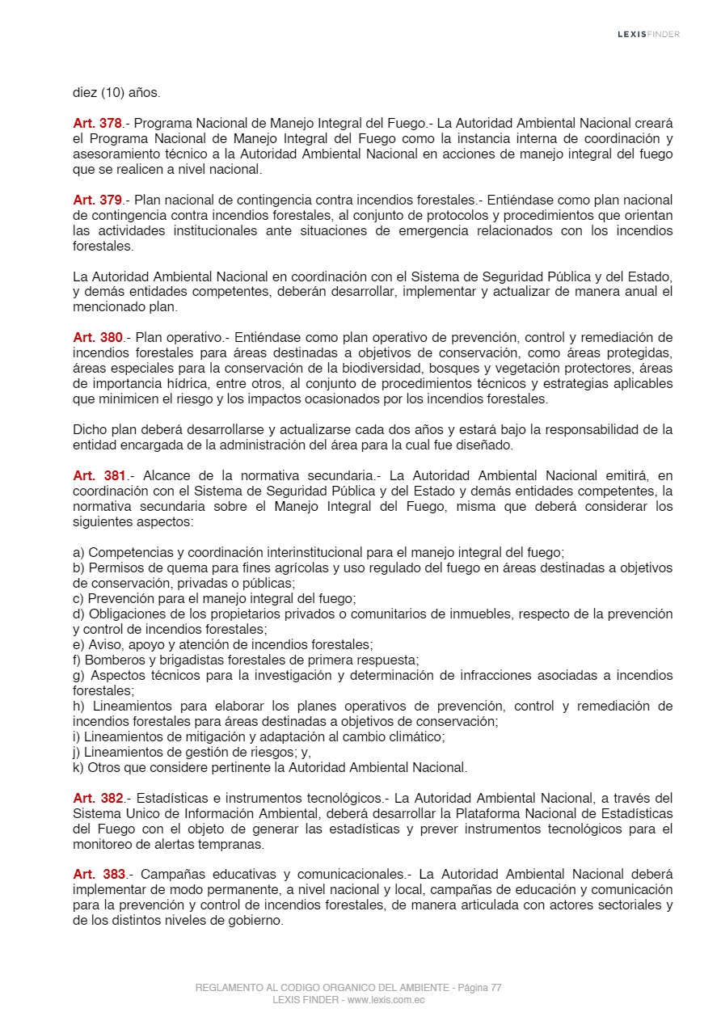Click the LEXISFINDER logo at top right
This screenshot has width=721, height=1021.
point(648,34)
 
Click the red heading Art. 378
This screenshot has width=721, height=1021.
point(97,124)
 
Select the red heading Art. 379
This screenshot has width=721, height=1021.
point(97,200)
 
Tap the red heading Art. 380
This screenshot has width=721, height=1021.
point(97,337)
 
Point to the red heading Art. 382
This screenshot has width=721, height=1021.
point(98,798)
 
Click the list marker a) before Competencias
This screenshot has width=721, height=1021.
point(78,553)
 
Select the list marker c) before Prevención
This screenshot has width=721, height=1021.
point(78,599)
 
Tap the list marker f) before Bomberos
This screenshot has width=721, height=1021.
point(78,660)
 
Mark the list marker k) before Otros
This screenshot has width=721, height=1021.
point(78,767)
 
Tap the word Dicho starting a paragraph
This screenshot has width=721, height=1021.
point(88,429)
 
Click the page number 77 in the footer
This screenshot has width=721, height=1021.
point(495,988)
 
